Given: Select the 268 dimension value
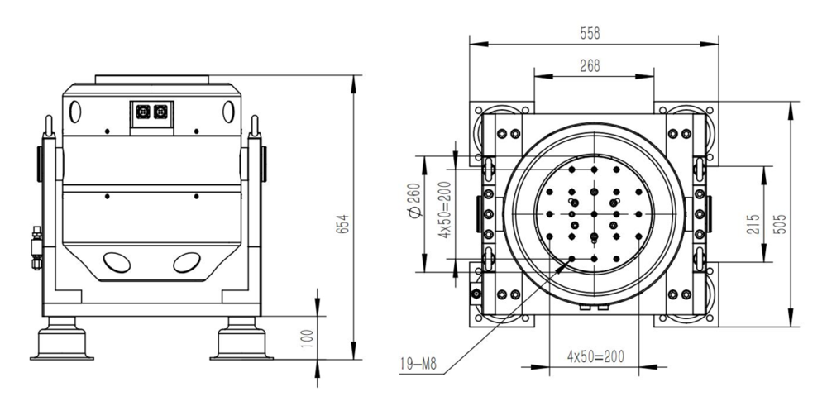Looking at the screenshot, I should [x=590, y=66].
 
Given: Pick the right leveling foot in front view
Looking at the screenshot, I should [x=241, y=341].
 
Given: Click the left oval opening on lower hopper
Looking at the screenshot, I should [x=116, y=263].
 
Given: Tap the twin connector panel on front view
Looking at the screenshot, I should [x=151, y=112].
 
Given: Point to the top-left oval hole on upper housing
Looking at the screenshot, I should [x=77, y=109].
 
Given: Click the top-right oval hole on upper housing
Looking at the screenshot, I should [x=227, y=109].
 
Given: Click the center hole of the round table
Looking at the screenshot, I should [x=594, y=212].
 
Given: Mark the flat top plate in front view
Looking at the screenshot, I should [x=151, y=79].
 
